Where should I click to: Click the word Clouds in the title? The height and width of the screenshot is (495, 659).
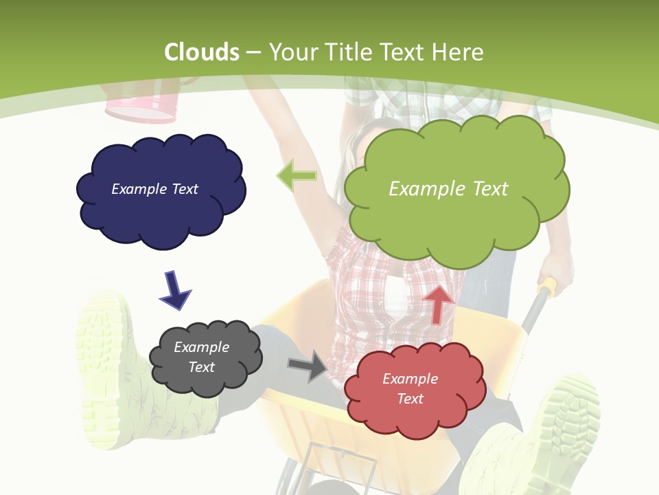(202, 52)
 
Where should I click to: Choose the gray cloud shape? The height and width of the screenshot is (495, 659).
(205, 358)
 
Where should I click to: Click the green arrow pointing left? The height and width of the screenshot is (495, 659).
(297, 176)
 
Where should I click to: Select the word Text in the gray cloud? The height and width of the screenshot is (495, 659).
(201, 367)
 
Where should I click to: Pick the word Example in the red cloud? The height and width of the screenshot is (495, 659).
(410, 379)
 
